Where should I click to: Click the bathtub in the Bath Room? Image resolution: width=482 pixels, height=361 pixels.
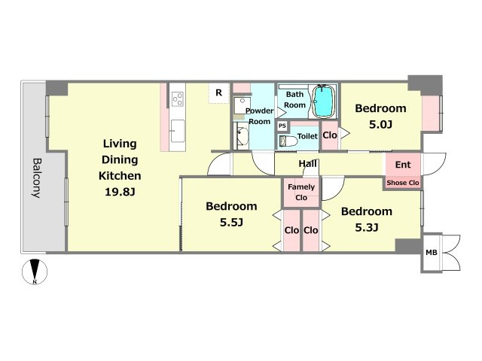coord(324,101)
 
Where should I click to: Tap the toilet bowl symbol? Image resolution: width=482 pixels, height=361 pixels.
coord(288,141)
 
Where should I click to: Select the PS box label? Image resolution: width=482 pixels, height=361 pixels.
coord(282,126)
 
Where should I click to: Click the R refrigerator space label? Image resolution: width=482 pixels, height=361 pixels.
coord(218,93)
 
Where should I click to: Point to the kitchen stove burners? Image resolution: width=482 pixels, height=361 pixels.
coord(178,99)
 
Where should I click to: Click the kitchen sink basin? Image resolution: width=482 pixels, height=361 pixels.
coord(178,131)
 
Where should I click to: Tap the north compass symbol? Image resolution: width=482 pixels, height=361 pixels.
coord(35,272)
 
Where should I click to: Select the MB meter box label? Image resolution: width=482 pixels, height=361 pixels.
coord(432,253)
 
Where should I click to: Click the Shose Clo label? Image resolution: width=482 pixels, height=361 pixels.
coord(403,183)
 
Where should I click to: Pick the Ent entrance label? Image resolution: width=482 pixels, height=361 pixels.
coord(403,165)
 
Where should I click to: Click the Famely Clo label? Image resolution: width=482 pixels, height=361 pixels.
coord(301,193)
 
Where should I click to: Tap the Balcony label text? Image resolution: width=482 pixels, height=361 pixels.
coord(37,178)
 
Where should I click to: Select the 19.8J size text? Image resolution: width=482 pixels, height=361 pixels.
coord(120,193)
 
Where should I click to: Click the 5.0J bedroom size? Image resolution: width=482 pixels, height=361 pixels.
coord(380,125)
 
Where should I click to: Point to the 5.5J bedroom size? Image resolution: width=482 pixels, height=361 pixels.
coord(231,223)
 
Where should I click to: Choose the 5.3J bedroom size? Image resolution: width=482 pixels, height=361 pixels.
coord(367,227)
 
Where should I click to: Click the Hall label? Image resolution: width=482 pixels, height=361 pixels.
coord(308,164)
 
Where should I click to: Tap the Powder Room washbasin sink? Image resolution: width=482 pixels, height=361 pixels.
coord(243,135)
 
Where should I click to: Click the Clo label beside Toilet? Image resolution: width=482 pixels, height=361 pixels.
coord(330,135)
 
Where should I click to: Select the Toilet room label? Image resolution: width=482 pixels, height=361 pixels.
coord(307,136)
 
